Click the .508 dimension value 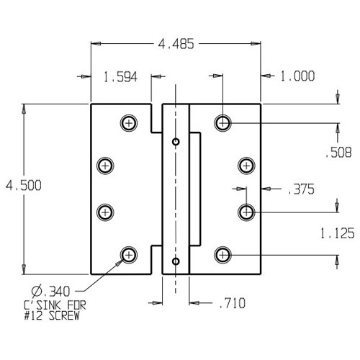[x=338, y=152]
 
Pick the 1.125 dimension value [x=338, y=234]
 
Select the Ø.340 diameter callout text [x=46, y=292]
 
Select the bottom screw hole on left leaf [x=129, y=254]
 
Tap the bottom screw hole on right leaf [x=223, y=254]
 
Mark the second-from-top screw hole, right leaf [x=246, y=166]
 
